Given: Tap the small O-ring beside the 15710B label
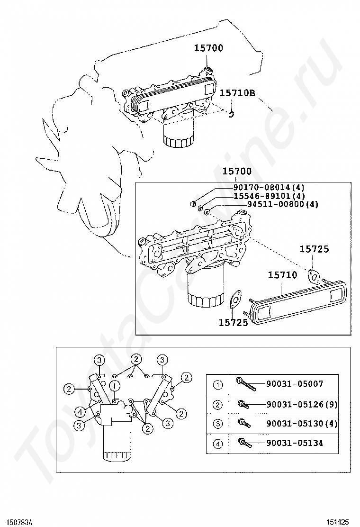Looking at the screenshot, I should coord(231,115).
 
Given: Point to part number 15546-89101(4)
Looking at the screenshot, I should coord(269,196).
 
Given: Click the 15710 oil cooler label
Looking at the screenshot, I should coord(282,275).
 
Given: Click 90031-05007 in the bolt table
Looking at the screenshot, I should coord(296,384).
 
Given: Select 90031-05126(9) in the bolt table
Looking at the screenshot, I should coord(302,404).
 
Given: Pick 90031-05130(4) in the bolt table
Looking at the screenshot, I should coord(302,424).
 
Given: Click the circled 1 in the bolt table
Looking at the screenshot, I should coord(218,385).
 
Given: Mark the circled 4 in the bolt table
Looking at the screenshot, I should coord(218,444).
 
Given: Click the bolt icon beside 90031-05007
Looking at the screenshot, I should coord(245,384).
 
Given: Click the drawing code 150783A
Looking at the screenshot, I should coord(19,522).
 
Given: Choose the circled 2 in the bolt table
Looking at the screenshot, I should coord(218,404).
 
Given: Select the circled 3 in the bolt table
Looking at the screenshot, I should coord(218,424).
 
